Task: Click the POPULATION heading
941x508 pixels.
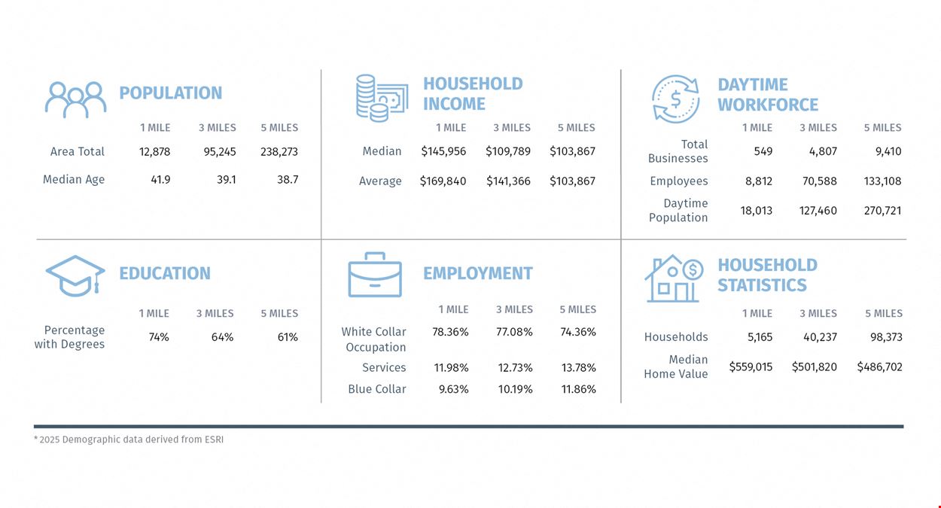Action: click(171, 93)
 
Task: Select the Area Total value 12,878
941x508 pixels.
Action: click(154, 151)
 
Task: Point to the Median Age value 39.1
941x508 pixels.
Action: click(227, 180)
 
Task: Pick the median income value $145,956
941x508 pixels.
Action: click(443, 151)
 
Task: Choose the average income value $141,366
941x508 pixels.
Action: click(508, 181)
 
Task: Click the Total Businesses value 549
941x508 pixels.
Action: click(763, 151)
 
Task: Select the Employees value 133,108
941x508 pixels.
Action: click(882, 181)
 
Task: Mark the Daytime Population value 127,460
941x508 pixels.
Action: click(818, 210)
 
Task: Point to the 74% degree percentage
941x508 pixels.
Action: click(159, 337)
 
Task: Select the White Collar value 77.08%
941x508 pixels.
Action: click(514, 332)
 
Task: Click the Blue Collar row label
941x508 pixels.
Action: click(377, 389)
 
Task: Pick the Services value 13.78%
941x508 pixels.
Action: click(578, 368)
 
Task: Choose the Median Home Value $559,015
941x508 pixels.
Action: click(751, 367)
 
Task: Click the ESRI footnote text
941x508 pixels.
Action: click(129, 440)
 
